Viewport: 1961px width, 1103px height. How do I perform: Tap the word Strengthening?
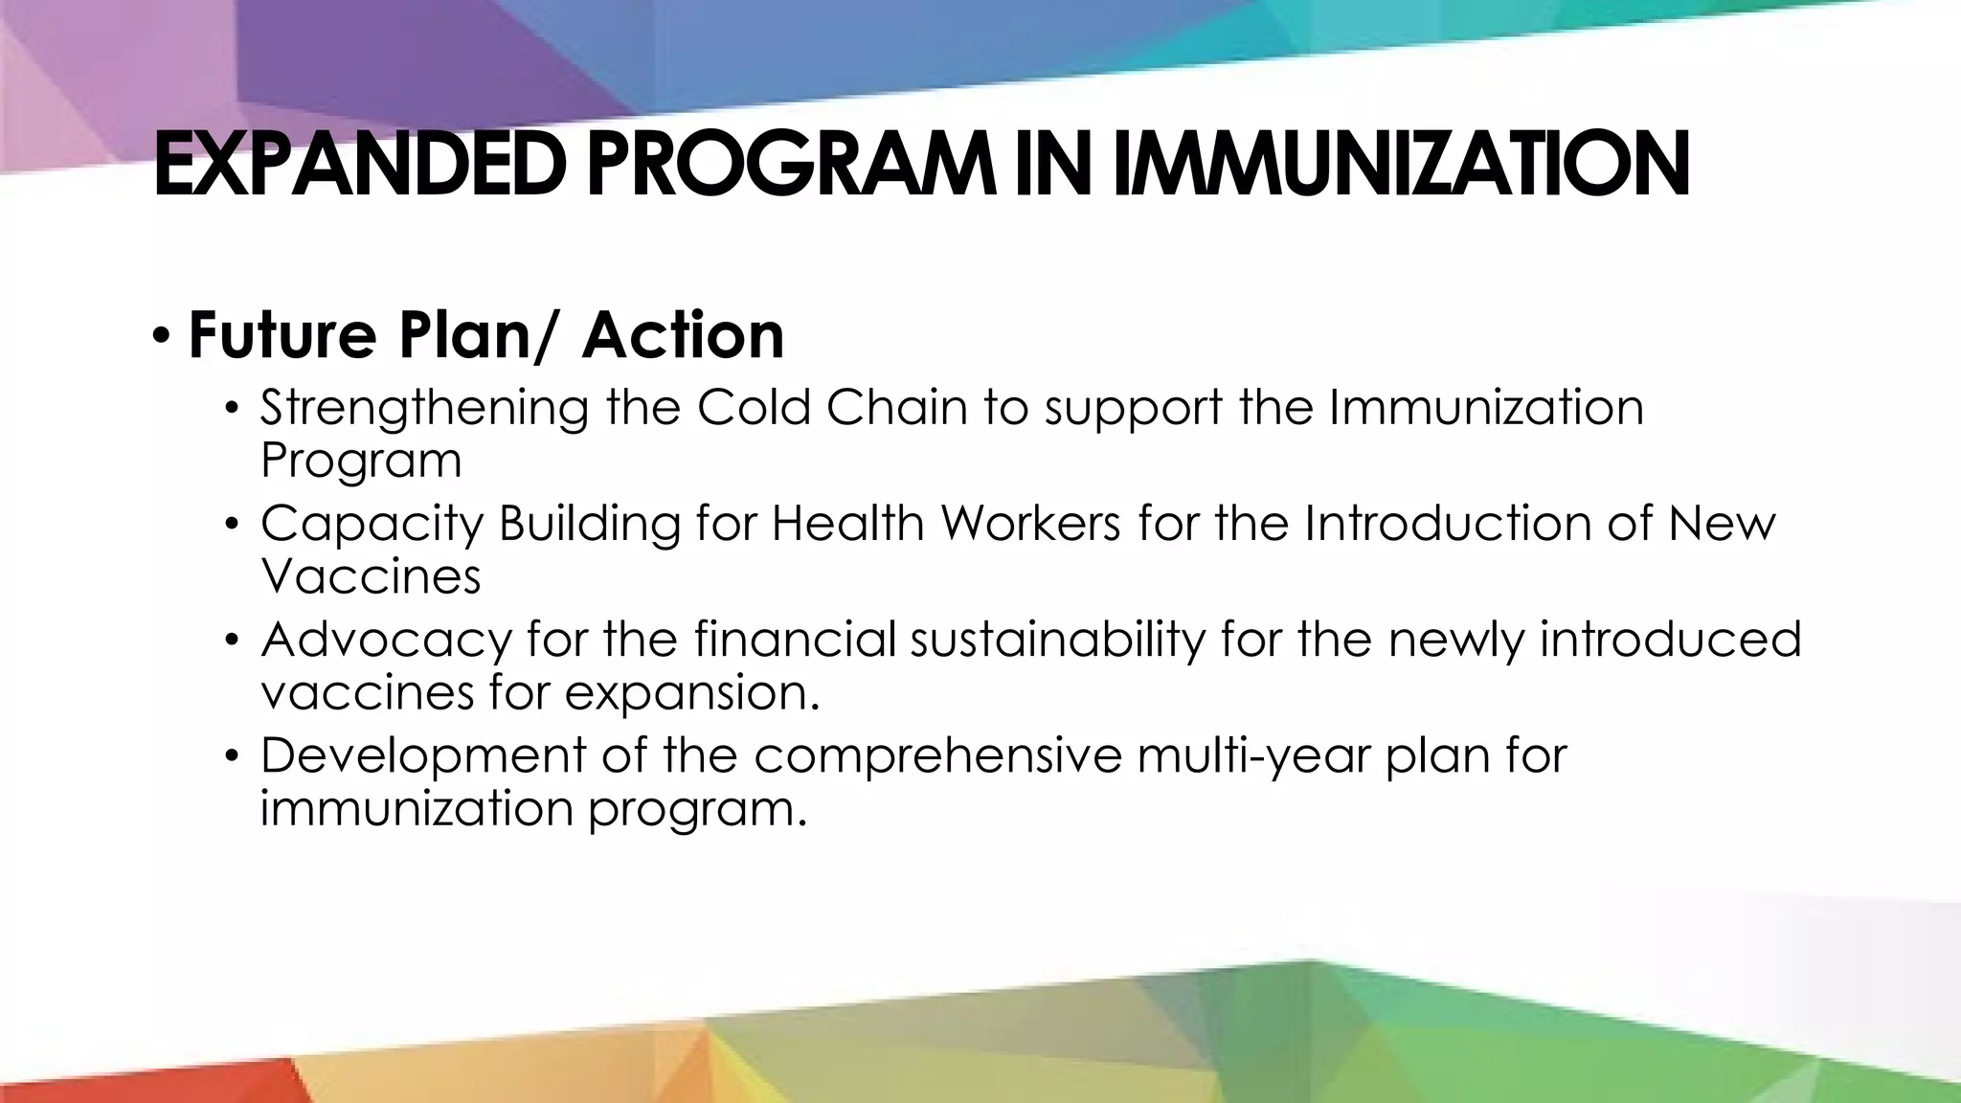point(424,409)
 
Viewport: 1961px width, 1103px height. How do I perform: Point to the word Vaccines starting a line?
point(371,576)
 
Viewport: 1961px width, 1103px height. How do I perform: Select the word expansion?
point(692,693)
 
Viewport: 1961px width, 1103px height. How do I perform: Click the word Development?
point(422,756)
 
